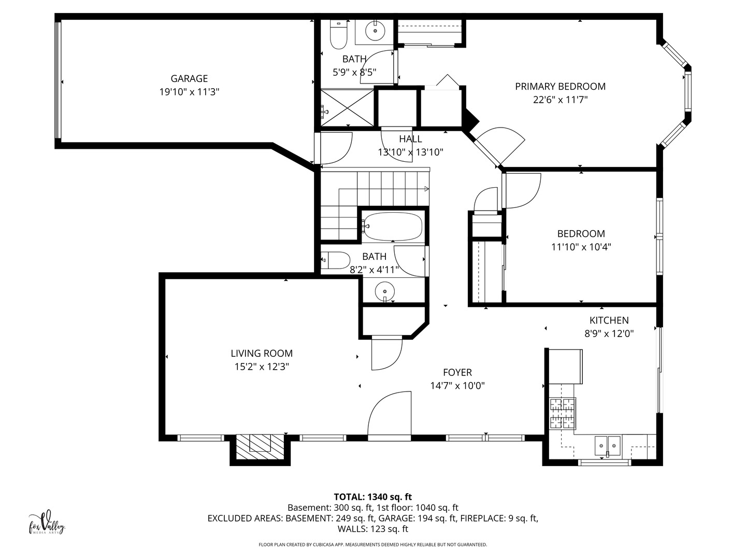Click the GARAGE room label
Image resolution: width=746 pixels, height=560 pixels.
click(x=189, y=78)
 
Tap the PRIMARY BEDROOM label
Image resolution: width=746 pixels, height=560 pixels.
click(x=560, y=86)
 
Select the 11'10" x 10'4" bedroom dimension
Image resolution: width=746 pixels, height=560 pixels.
click(x=581, y=247)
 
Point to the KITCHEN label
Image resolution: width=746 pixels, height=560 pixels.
click(x=609, y=320)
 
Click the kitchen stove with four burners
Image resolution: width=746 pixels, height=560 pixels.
click(x=562, y=413)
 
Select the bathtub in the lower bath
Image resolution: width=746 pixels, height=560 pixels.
click(x=392, y=227)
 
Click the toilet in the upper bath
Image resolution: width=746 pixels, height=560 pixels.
click(x=339, y=34)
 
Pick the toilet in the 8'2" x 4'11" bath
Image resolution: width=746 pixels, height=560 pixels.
click(x=336, y=260)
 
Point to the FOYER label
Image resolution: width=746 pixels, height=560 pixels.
click(x=457, y=372)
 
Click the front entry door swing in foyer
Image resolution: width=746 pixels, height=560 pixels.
click(x=390, y=415)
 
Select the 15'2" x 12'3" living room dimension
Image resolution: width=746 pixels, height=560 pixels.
click(x=262, y=367)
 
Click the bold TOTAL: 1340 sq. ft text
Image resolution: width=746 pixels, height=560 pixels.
click(x=372, y=497)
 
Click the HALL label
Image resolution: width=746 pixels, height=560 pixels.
click(x=410, y=139)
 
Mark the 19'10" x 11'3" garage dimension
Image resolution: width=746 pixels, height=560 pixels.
click(x=189, y=92)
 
